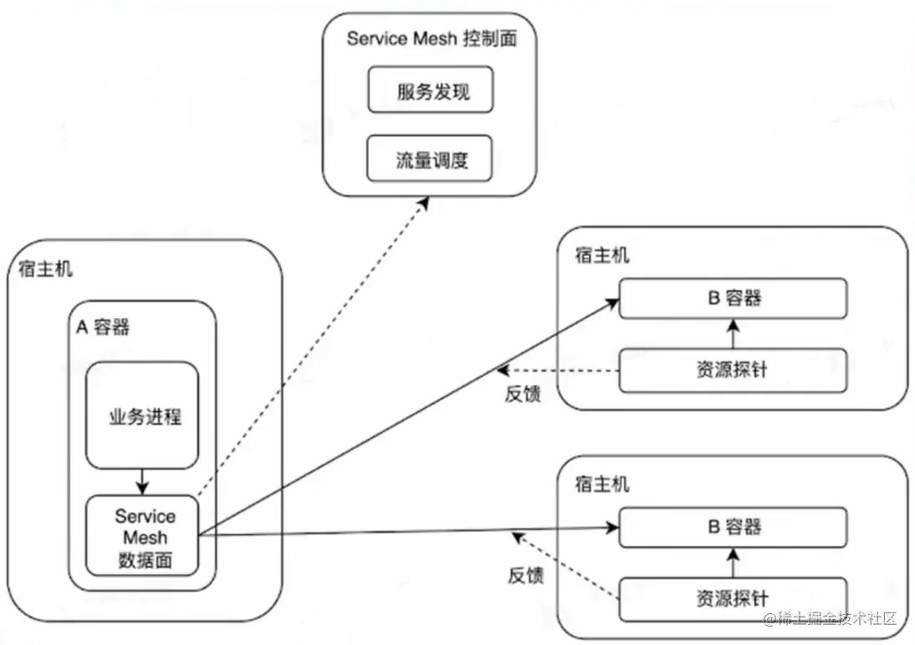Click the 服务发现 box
[431, 91]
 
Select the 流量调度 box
[431, 160]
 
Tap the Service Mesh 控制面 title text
[431, 38]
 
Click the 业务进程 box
[143, 416]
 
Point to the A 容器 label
[104, 327]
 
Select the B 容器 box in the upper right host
[734, 298]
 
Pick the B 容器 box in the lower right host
[734, 527]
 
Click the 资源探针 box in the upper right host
[734, 371]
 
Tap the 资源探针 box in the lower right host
[734, 597]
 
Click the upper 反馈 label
[522, 395]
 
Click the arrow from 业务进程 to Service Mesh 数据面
[142, 481]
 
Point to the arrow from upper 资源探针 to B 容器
[734, 334]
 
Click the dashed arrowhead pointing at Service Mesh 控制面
[423, 203]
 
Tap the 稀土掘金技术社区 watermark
[828, 619]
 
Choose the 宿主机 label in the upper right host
[601, 255]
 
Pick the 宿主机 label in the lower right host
[601, 484]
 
